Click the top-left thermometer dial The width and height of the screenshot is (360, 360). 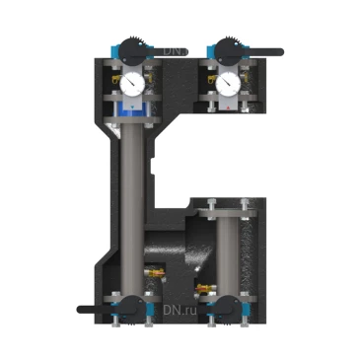(x=131, y=84)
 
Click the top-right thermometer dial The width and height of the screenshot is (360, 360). (x=228, y=84)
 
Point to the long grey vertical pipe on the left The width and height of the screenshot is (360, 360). (x=132, y=197)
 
